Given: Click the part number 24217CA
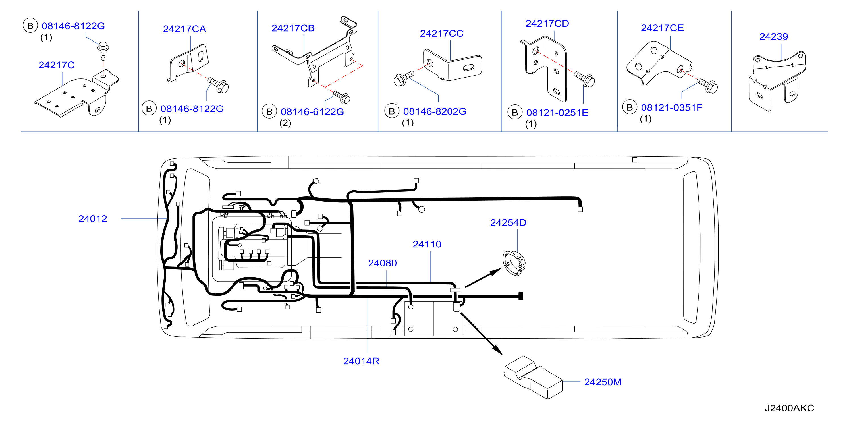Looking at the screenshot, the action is (184, 29).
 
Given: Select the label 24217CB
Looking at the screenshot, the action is (293, 28).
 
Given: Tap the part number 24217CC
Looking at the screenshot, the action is (442, 33).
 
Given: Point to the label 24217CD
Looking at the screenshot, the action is (547, 24).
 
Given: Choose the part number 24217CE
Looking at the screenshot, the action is (662, 28).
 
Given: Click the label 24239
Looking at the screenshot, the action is (773, 37).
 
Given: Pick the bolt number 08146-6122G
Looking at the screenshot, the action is (312, 112).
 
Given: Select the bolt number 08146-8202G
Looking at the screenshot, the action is (435, 111).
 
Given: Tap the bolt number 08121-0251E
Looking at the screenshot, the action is (557, 113).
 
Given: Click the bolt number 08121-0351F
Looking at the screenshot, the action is (672, 107).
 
